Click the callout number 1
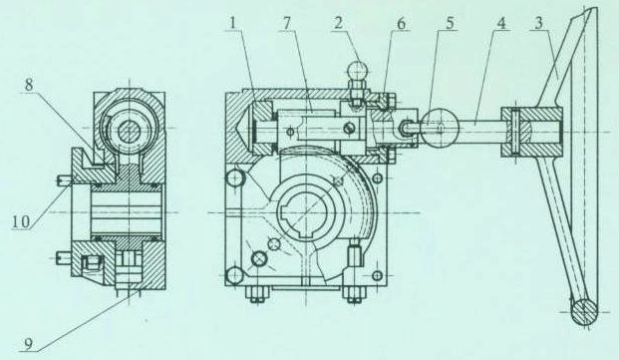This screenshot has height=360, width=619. coord(233,24)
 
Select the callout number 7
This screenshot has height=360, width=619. coord(286,24)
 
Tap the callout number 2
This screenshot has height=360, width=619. coord(338,24)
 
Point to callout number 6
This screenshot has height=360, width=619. coord(401,24)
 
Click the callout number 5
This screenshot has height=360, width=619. coord(450,24)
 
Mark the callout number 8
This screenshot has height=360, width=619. coord(29,86)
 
